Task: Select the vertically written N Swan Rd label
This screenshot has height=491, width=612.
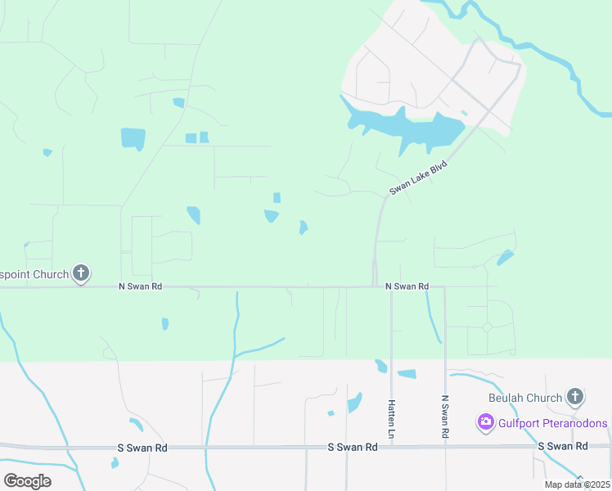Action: pos(445,417)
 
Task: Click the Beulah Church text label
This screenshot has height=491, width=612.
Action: pos(525,399)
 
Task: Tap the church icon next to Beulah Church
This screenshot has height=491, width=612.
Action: pos(574,398)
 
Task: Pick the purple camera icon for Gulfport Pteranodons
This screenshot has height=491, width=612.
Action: pos(485,422)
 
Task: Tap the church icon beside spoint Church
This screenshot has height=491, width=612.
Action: pos(81,273)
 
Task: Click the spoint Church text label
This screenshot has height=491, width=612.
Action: pos(34,274)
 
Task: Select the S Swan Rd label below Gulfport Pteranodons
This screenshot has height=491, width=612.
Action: pos(563,446)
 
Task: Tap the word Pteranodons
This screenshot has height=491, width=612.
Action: pos(567,423)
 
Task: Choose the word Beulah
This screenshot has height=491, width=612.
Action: pos(507,399)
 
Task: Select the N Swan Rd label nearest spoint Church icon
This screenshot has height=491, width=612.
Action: pos(141,286)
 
